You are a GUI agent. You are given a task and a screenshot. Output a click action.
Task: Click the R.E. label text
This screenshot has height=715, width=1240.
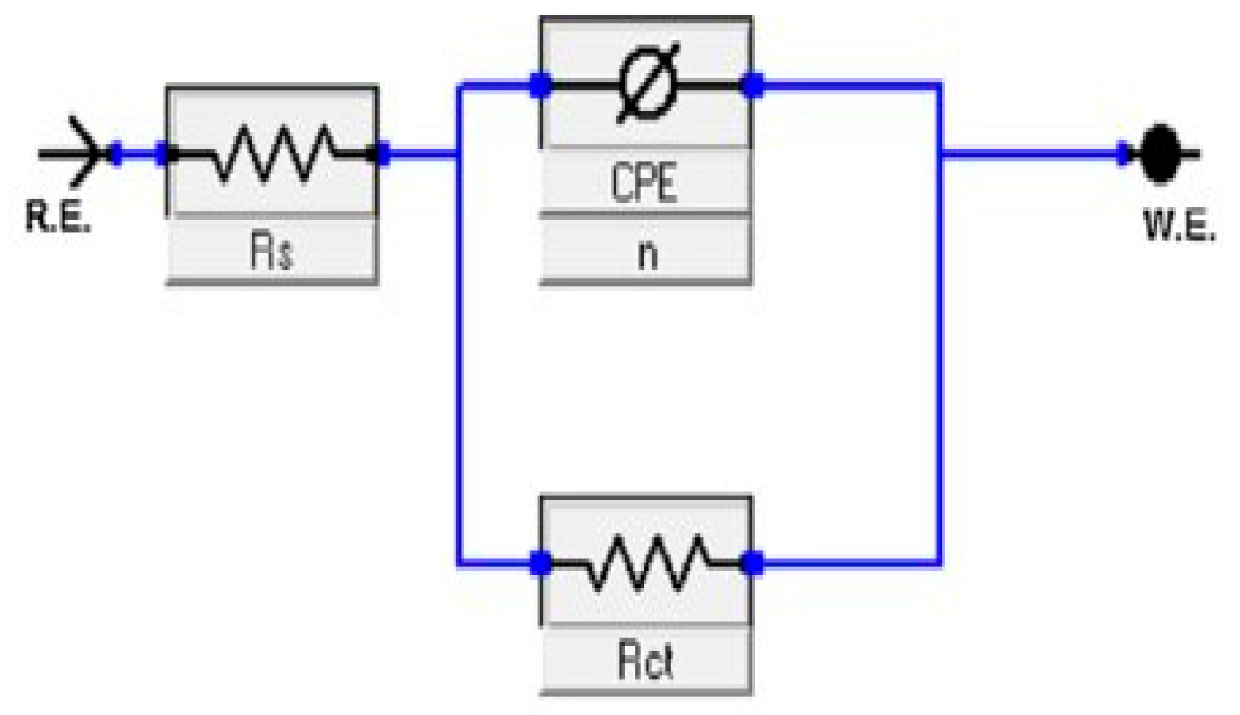[57, 216]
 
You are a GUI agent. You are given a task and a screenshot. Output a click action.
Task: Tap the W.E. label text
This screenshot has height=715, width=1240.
[1179, 225]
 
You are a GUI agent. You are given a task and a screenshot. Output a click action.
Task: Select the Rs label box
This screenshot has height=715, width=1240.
[271, 250]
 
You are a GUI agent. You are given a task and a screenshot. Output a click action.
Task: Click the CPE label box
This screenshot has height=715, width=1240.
[644, 182]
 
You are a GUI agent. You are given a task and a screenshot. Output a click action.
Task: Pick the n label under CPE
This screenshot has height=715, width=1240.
[646, 251]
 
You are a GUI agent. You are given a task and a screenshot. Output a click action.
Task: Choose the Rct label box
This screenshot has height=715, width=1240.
[645, 660]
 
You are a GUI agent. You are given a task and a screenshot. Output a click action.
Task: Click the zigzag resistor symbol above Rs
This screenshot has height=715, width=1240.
[272, 154]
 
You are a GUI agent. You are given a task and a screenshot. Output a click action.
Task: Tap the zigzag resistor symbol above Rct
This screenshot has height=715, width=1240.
[645, 564]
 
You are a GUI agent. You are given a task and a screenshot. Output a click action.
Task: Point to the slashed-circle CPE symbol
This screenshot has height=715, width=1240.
[648, 83]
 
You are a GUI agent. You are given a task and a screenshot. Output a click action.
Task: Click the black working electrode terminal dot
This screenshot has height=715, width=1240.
[1162, 154]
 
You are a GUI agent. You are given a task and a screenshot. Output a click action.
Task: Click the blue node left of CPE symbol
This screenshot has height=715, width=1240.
[540, 84]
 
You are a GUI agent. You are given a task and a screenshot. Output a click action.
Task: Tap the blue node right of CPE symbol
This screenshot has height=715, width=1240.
[752, 84]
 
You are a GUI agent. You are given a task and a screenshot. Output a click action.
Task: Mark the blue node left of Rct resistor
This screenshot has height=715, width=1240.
[540, 564]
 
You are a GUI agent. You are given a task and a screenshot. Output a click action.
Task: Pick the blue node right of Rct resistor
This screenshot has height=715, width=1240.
[752, 564]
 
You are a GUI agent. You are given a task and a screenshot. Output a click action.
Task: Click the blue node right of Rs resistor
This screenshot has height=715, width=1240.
[381, 154]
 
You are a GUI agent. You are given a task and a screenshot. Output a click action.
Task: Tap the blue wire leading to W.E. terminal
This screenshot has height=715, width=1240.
[1031, 154]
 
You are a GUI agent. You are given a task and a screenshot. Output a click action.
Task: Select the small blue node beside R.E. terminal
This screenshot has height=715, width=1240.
[116, 154]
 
